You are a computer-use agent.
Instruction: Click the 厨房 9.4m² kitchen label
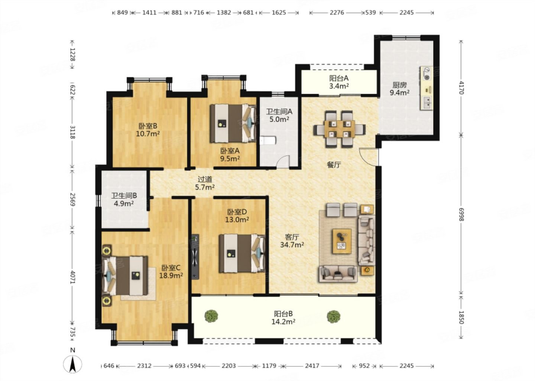point(400,89)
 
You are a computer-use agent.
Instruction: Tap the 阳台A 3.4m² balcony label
point(339,82)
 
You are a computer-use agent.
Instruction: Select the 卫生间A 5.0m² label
point(279,115)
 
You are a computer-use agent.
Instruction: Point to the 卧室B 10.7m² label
point(148,129)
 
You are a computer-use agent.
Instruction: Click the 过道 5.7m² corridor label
point(205,183)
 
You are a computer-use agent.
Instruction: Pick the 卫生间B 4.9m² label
point(124,199)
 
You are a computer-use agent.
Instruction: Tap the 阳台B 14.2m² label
point(283,317)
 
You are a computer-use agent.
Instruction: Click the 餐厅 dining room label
point(334,165)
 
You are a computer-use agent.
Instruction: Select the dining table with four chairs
point(340,129)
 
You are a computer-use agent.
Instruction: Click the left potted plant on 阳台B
point(211,316)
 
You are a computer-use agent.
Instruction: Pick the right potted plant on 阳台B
point(333,316)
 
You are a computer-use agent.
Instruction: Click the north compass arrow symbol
point(72,364)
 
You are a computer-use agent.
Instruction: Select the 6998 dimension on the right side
point(461,214)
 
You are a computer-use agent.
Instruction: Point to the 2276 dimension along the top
point(337,13)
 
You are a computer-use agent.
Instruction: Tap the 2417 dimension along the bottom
point(312,366)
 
